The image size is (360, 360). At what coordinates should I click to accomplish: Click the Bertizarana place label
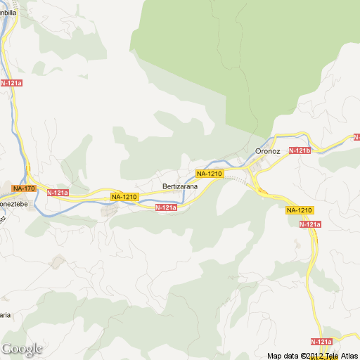coord(180,186)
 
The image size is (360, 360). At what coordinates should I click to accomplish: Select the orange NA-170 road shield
coord(23,188)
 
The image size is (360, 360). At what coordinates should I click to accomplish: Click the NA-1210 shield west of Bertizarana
coord(124,197)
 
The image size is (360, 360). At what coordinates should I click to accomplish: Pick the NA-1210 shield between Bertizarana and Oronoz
coord(210,174)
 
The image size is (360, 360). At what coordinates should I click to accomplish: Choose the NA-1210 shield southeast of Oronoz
coord(300,210)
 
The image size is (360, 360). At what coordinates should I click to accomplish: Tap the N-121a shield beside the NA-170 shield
coord(58,193)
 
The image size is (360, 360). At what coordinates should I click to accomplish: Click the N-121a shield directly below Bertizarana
coord(166,207)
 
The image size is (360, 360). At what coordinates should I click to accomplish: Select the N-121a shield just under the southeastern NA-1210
coord(310,224)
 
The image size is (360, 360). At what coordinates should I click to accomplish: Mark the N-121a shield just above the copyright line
coord(320,342)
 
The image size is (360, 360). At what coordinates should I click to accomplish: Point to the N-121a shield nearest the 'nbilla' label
coord(11,83)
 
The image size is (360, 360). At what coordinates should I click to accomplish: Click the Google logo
coord(22,349)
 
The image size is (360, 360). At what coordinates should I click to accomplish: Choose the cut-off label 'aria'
coord(4,315)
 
